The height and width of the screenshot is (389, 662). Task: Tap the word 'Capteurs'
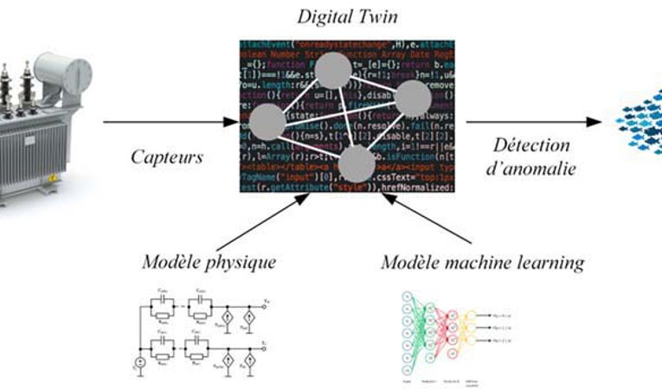click(x=167, y=157)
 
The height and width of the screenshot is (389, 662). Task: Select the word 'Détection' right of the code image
click(x=532, y=145)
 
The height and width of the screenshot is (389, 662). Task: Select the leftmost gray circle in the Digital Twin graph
click(x=267, y=124)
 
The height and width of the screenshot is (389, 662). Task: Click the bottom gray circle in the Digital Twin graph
click(x=357, y=163)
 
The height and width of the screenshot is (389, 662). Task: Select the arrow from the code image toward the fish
click(x=528, y=122)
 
